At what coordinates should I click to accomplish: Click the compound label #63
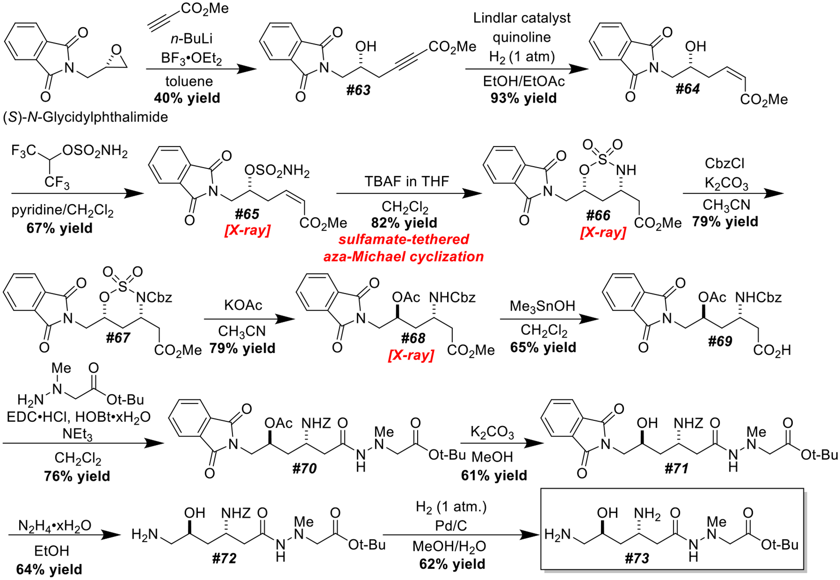point(358,90)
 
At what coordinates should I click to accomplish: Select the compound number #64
point(687,89)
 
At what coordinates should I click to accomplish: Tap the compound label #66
point(598,215)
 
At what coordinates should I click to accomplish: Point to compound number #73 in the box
point(637,558)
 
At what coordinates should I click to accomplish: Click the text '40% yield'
point(187,98)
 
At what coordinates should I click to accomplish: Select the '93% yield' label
point(523,98)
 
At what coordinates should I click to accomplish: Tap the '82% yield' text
point(404,223)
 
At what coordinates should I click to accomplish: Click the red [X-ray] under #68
point(411,355)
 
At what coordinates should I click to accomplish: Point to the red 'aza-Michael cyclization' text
point(404,256)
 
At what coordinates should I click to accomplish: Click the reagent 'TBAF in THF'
point(407,181)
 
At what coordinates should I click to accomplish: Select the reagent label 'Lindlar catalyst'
point(522,18)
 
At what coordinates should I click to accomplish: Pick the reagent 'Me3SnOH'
point(542,306)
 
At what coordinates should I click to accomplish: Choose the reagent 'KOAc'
point(243,305)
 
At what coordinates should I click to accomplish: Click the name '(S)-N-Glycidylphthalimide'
point(85,117)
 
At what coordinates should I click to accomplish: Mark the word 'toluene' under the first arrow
point(189,81)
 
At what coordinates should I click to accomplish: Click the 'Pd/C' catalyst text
point(451,526)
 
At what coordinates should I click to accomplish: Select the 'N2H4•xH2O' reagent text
point(55,526)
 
